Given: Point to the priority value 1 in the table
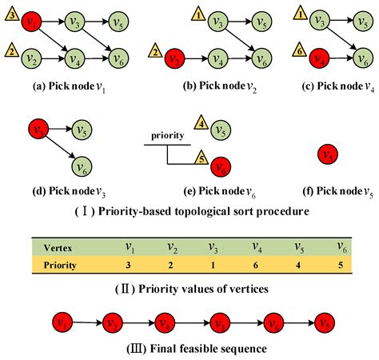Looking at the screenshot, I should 213,263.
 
